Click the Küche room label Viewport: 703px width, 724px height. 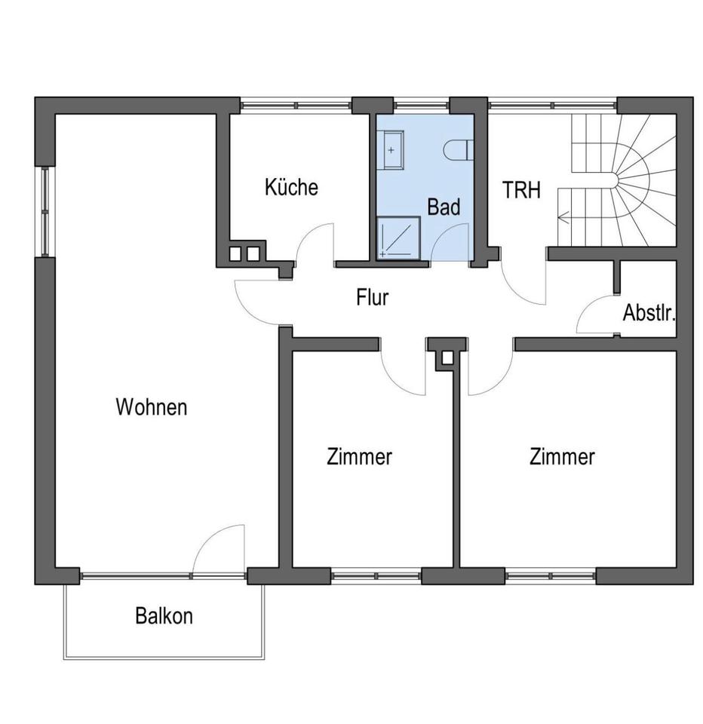[291, 187]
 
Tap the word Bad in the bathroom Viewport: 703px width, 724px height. [444, 207]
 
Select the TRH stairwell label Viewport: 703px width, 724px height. [522, 190]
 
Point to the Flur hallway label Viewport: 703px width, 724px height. [373, 297]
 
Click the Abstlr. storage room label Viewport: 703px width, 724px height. [648, 313]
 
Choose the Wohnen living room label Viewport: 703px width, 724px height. [151, 407]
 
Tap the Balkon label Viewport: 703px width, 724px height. [164, 615]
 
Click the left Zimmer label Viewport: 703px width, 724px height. [359, 456]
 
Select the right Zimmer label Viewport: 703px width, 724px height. [562, 456]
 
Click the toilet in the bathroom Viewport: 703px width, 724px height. [457, 151]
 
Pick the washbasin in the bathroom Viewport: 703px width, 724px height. [392, 150]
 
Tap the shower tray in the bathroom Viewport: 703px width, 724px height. [398, 238]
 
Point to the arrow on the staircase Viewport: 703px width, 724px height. [566, 218]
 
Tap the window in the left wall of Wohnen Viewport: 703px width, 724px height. [45, 211]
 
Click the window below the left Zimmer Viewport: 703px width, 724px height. [375, 576]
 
